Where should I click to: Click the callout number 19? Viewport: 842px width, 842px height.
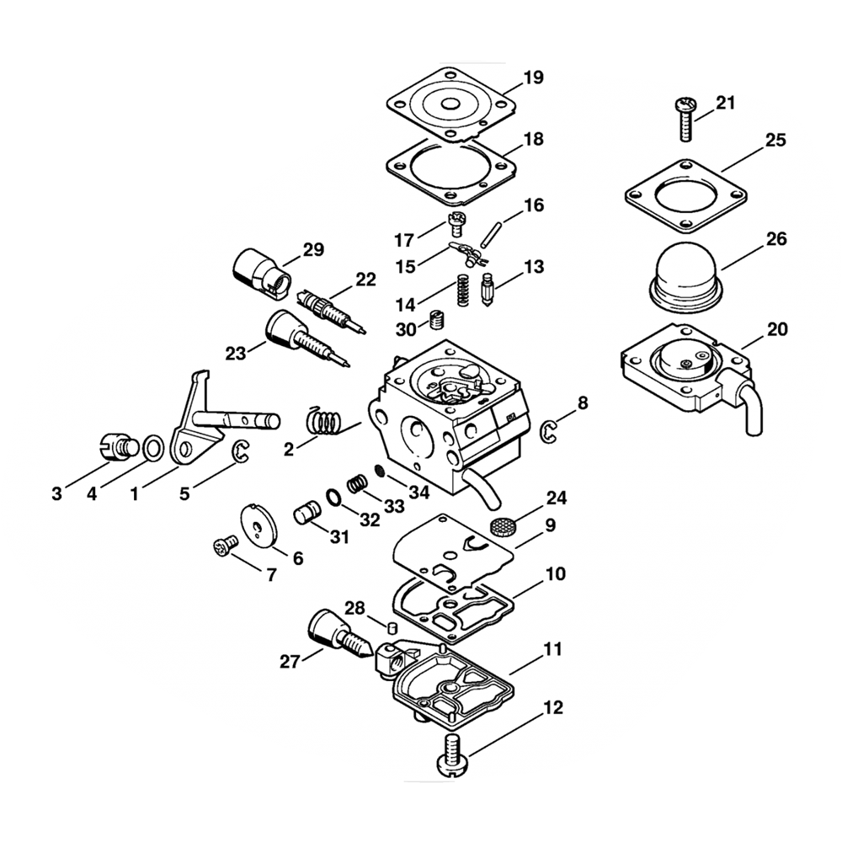[x=533, y=78]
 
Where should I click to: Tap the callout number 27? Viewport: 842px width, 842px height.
[x=290, y=661]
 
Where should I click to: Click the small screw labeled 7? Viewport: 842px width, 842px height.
[x=223, y=547]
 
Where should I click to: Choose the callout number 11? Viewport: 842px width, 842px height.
[x=552, y=651]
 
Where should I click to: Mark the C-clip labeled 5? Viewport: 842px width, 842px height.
[x=242, y=452]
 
